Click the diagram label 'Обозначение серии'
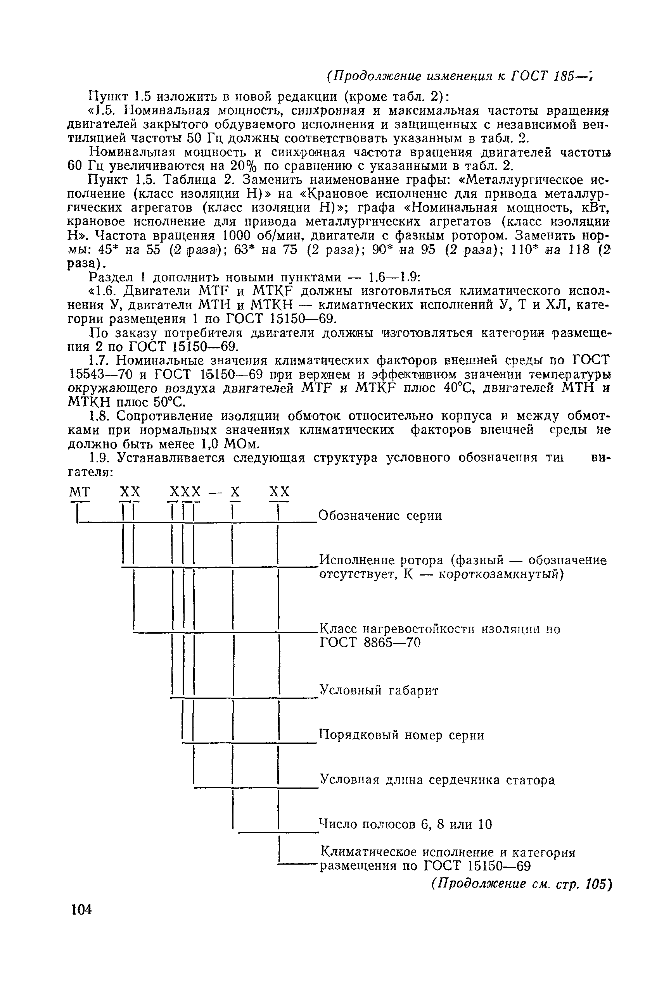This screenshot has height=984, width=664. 380,516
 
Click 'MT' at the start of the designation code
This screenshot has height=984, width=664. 80,491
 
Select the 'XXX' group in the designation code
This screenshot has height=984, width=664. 185,491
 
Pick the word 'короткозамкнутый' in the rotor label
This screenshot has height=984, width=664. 500,574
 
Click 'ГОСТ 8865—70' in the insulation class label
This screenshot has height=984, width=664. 370,643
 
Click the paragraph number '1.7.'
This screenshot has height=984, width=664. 100,360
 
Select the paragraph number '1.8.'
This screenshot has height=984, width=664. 100,416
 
